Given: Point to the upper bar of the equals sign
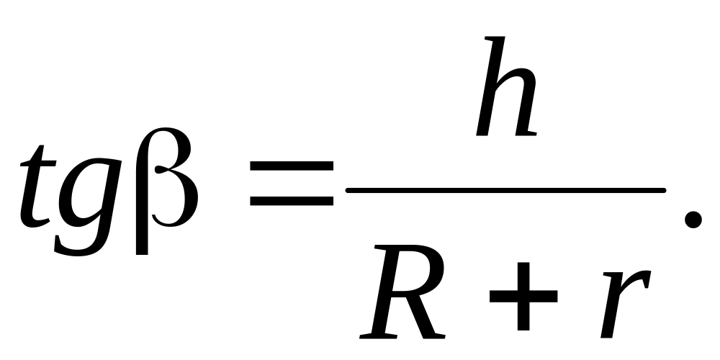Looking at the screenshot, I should pos(292,166).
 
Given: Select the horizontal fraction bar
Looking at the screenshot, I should pos(504,190).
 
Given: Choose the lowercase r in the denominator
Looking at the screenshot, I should pos(623,302).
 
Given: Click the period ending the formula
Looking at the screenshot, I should pos(693,219).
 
